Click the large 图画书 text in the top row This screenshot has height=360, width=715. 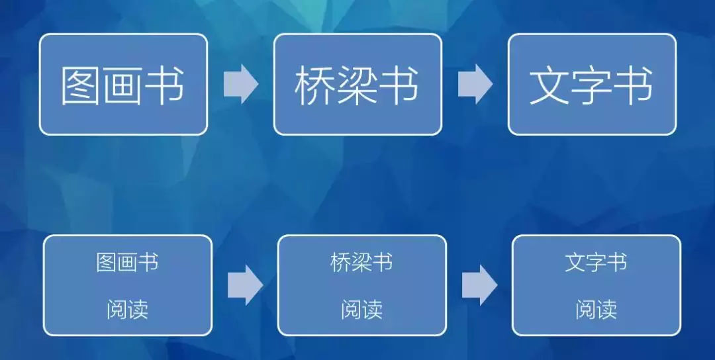point(123,85)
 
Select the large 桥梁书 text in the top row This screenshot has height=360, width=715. point(357,85)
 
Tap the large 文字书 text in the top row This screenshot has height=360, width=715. point(591,85)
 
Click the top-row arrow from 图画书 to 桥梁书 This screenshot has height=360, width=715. point(241,84)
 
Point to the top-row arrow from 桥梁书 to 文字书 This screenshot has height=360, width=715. point(475,84)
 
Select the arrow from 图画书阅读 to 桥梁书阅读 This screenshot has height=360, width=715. point(246,285)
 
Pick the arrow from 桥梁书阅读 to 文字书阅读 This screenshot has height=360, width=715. point(479,285)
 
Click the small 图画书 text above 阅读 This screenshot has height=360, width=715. point(127,263)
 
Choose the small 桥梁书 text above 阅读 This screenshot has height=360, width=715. point(361,263)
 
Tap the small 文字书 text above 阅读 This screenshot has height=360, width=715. point(596,263)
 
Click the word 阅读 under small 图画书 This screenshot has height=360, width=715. point(127,310)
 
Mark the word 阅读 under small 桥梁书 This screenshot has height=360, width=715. point(361,310)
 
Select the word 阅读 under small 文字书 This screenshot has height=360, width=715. point(596,310)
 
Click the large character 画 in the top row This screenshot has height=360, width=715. point(122,86)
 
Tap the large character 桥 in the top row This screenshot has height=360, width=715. point(314,86)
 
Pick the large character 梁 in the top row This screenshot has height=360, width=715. point(357,86)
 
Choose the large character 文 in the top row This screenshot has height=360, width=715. point(549,86)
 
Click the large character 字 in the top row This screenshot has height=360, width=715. point(591,86)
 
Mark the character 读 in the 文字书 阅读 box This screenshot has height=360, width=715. point(607,310)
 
